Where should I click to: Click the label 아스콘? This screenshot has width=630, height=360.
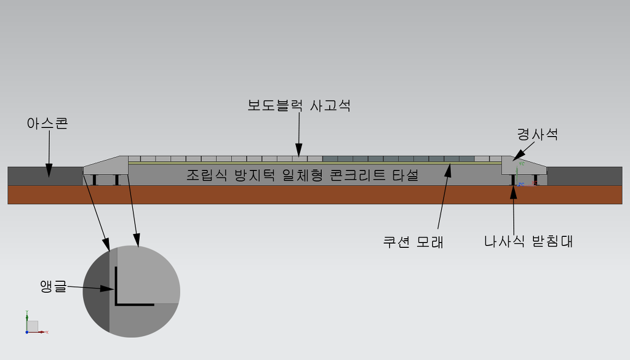(x=47, y=123)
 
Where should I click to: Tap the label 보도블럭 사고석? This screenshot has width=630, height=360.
(x=299, y=105)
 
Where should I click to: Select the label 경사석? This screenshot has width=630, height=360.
(x=537, y=134)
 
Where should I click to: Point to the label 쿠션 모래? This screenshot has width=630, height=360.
(x=413, y=242)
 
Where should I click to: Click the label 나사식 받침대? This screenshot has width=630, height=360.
(x=528, y=241)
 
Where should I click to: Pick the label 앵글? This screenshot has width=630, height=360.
(x=53, y=286)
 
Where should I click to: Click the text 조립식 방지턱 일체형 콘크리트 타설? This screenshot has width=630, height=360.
(x=303, y=175)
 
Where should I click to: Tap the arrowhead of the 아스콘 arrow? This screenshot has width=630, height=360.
(x=49, y=171)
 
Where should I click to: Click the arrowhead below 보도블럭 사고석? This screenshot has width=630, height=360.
(x=298, y=151)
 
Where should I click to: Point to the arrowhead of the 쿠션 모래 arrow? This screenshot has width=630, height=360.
(x=449, y=169)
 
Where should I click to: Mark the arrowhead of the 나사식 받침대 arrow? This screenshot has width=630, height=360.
(x=514, y=192)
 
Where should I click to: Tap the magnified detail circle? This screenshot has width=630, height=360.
(x=132, y=291)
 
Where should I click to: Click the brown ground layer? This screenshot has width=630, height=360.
(x=315, y=194)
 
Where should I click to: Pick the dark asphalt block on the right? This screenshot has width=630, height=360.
(x=584, y=176)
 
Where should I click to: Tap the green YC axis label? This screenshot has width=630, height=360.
(x=522, y=164)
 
